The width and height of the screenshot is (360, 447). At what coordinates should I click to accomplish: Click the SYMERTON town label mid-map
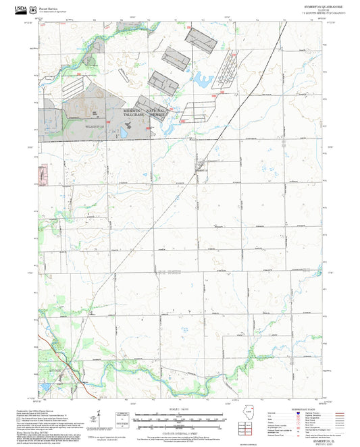[x=201, y=171]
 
